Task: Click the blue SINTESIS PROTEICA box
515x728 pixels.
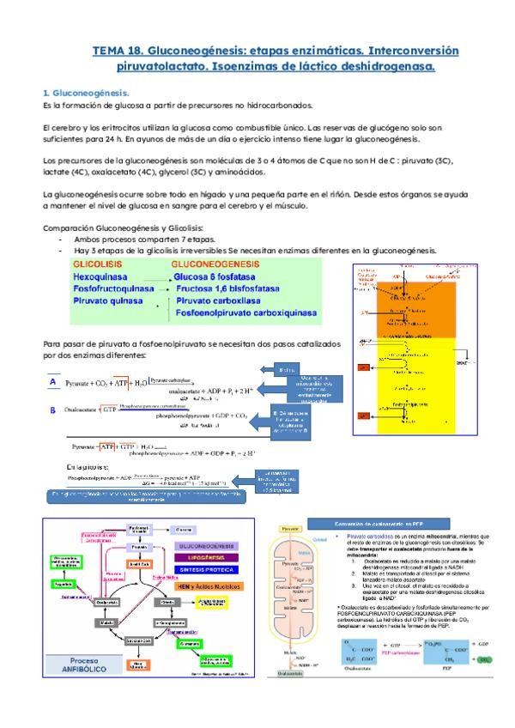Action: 202,570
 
